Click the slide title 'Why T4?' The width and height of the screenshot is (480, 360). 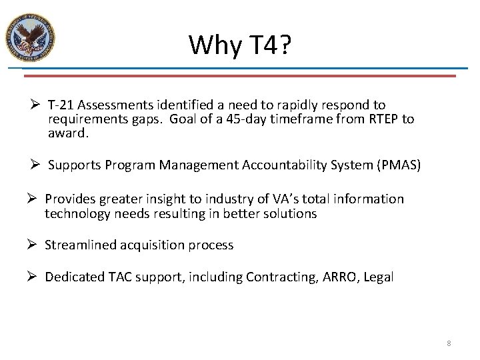(x=239, y=45)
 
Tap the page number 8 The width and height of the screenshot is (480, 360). (x=449, y=343)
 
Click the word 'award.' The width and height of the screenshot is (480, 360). (x=68, y=133)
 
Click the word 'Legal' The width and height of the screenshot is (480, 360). (x=378, y=277)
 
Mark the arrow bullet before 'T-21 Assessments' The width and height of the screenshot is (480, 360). (x=38, y=105)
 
